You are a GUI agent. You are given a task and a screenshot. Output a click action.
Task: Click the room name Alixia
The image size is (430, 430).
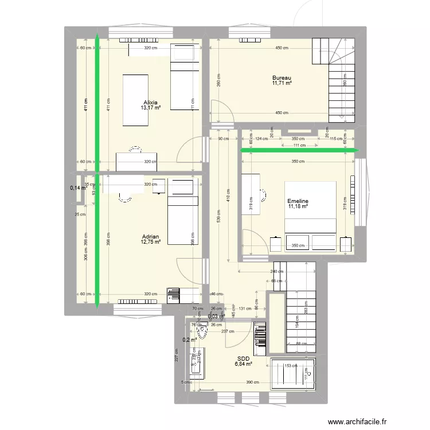coord(150,103)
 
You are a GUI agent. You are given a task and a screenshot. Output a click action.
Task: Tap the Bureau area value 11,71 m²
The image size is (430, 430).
coord(282,83)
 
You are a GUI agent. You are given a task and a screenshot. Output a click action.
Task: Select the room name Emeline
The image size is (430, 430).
coord(298,201)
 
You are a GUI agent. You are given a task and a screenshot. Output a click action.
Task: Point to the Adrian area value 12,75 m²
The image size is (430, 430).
coord(150,242)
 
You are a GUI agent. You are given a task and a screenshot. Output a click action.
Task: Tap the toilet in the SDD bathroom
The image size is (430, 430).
coord(201,331)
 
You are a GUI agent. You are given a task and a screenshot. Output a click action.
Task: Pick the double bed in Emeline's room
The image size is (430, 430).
coord(310,216)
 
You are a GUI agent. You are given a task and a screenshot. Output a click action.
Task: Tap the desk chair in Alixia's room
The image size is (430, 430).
coord(136,151)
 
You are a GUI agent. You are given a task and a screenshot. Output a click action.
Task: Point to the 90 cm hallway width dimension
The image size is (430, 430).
coord(223,139)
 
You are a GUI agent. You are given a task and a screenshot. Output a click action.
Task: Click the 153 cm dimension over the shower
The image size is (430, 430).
coord(291,365)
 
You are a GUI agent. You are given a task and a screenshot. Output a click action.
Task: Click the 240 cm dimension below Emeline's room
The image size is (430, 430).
coord(276,271)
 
